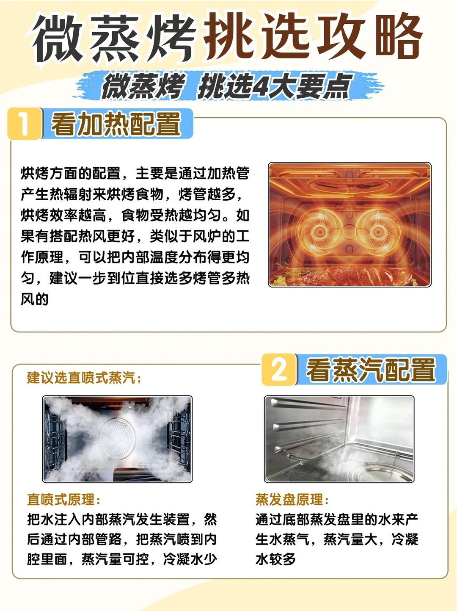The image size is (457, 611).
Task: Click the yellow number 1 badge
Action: click(25, 124)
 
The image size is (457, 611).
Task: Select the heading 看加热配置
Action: click(116, 124)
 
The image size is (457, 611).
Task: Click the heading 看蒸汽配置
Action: click(371, 370)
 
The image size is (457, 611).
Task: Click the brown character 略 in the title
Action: click(399, 36)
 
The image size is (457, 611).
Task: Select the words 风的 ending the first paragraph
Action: click(35, 299)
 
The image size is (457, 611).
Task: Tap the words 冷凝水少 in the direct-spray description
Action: click(190, 559)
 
